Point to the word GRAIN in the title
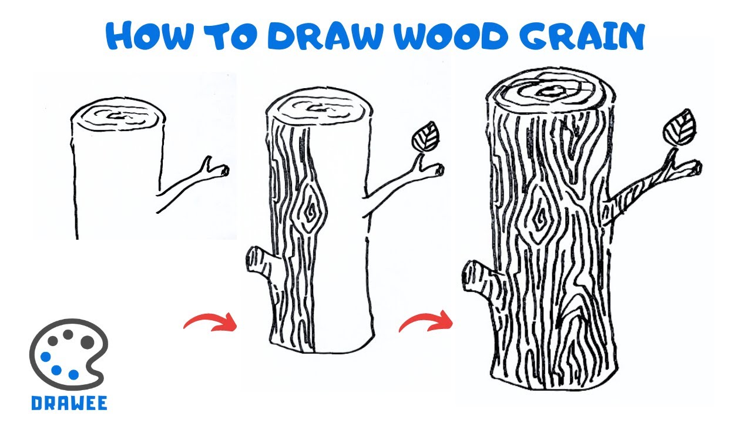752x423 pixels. click(x=583, y=36)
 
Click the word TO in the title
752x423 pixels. click(x=231, y=36)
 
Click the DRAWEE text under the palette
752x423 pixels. click(x=69, y=403)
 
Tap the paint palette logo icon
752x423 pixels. click(x=69, y=354)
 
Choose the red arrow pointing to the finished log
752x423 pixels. click(x=427, y=321)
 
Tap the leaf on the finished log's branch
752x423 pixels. click(x=679, y=128)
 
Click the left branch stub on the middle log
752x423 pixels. click(x=263, y=263)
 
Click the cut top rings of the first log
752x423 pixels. click(x=118, y=116)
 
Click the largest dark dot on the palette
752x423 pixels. click(x=88, y=341)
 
